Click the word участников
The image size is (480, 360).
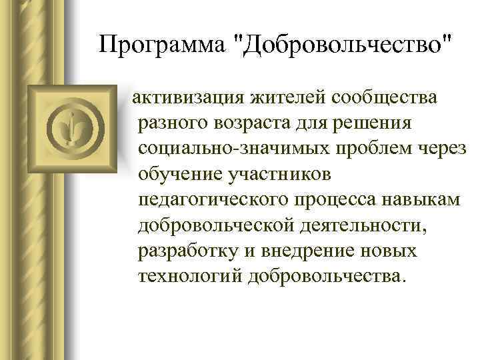(x=281, y=175)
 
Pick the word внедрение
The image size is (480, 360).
(x=306, y=251)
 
